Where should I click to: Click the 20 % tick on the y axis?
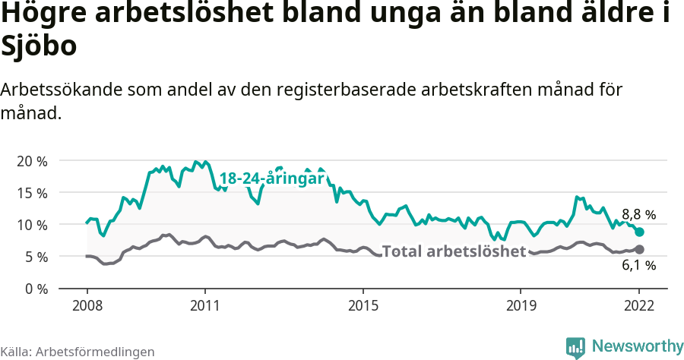[31, 161]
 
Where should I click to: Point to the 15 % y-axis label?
[31, 193]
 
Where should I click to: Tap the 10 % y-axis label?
[31, 225]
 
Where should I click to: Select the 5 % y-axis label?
[35, 257]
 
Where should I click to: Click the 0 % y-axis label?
[35, 289]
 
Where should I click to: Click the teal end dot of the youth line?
[640, 232]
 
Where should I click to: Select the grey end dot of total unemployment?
[640, 249]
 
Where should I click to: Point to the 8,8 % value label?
[638, 214]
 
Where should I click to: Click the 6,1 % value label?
[638, 265]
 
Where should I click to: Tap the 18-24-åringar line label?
[272, 178]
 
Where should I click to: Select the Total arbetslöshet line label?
[454, 251]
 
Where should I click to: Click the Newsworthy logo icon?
[576, 347]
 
